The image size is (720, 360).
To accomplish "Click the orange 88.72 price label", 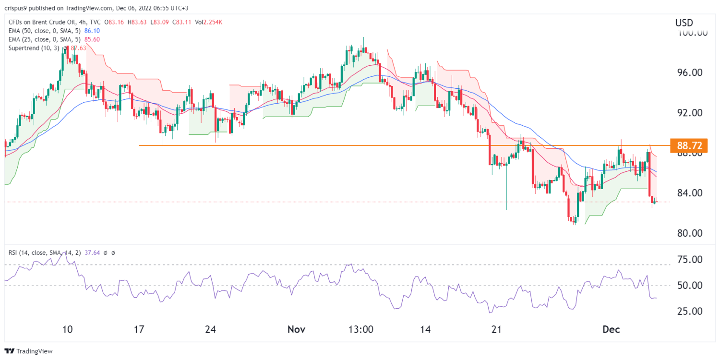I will click(x=692, y=145).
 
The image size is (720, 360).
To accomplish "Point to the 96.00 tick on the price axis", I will click(x=691, y=72).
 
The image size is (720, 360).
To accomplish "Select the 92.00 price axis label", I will click(x=691, y=113).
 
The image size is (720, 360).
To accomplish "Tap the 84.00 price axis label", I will click(x=691, y=193).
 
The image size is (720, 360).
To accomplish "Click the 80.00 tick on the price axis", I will click(x=691, y=233).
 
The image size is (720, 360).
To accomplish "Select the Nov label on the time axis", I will click(x=297, y=330).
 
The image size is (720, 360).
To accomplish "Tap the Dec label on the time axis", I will click(x=612, y=330).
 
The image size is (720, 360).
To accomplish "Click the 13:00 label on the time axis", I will click(x=360, y=330).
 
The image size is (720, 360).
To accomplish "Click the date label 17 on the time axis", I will click(x=139, y=330).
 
